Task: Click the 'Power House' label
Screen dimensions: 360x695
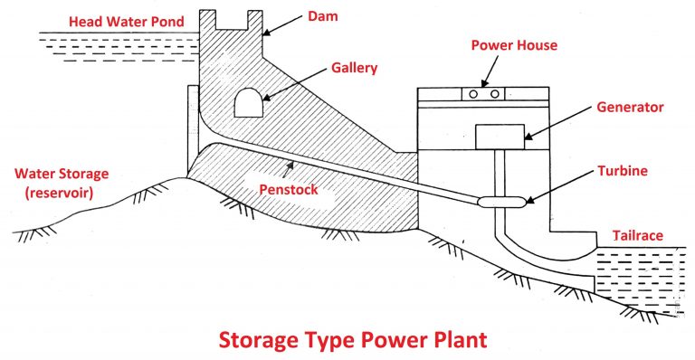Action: [x=512, y=45]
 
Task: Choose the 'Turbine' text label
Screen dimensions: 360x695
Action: [x=624, y=171]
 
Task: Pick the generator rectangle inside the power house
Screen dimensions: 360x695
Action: [x=499, y=137]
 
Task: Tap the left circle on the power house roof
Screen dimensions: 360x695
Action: [x=474, y=93]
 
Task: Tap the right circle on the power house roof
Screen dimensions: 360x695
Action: [x=497, y=93]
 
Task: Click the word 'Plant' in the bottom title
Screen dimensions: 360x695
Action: [x=450, y=340]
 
